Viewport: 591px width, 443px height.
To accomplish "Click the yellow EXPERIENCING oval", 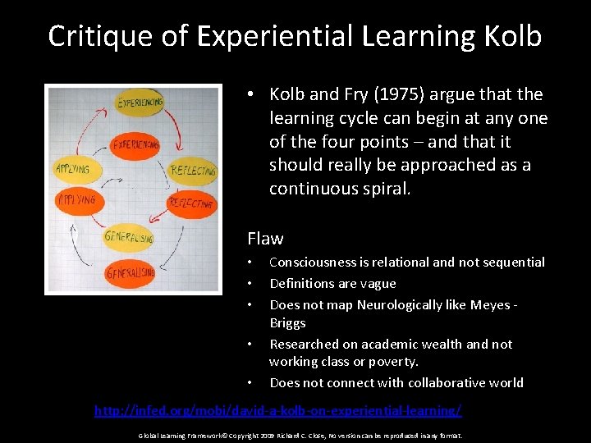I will (140, 103).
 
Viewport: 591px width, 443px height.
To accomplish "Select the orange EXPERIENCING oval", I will (135, 144).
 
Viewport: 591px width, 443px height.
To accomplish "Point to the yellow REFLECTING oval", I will (193, 171).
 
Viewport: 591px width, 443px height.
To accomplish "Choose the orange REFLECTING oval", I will (192, 202).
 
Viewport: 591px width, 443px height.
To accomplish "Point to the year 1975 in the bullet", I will (372, 94).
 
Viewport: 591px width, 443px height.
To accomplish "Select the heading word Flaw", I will (265, 239).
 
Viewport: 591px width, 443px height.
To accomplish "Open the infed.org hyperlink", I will (277, 409).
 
